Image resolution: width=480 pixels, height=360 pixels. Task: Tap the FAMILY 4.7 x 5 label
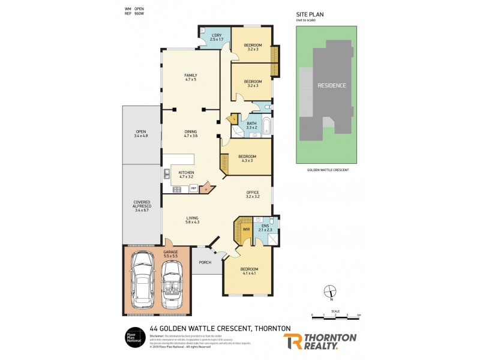click(x=190, y=77)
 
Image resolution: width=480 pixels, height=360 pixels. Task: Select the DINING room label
click(x=191, y=134)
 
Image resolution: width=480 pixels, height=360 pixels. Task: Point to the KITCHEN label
click(x=186, y=175)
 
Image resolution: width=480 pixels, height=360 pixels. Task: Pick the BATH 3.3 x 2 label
click(x=251, y=125)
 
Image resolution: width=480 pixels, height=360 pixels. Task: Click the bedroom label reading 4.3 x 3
click(x=247, y=158)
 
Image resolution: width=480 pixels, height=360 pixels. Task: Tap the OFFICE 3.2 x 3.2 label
click(x=253, y=194)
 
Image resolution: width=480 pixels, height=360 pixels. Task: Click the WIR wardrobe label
click(x=246, y=229)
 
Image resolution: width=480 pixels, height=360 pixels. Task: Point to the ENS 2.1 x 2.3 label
click(x=265, y=227)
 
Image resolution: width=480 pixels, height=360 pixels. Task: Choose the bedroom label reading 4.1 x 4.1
click(x=249, y=271)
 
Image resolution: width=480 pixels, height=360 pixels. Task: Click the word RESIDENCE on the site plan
click(x=332, y=85)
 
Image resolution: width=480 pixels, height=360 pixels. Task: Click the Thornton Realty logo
click(x=320, y=341)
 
